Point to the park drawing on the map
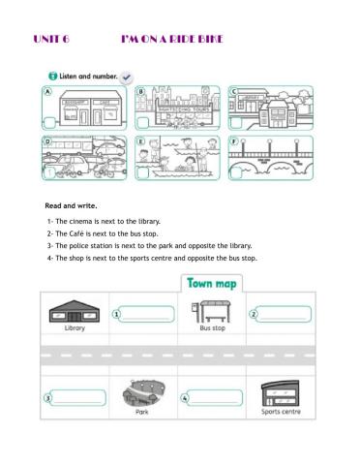pyautogui.click(x=142, y=392)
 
